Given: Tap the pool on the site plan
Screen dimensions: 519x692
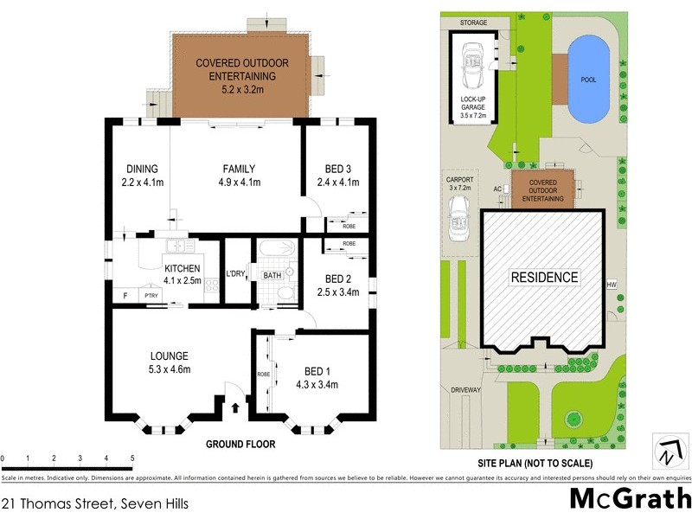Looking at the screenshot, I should pyautogui.click(x=588, y=80).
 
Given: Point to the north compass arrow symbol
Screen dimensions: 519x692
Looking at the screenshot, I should pyautogui.click(x=667, y=452).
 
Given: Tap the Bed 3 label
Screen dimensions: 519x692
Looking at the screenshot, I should pyautogui.click(x=338, y=169).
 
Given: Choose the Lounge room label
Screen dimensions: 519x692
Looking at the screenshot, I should pyautogui.click(x=169, y=356).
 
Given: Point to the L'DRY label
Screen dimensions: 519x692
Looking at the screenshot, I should pyautogui.click(x=234, y=275).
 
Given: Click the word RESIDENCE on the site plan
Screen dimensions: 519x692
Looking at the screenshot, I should pyautogui.click(x=543, y=277).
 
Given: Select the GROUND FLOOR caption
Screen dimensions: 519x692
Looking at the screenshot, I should pyautogui.click(x=240, y=445).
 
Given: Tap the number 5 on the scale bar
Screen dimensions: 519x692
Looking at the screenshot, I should pyautogui.click(x=131, y=458).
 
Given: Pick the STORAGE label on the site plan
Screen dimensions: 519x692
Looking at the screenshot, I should pyautogui.click(x=473, y=22).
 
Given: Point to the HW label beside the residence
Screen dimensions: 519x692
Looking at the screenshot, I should pyautogui.click(x=612, y=285).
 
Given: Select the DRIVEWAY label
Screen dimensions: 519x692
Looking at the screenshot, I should pyautogui.click(x=465, y=390).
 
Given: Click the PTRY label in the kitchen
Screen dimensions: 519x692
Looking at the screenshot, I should pyautogui.click(x=152, y=296).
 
